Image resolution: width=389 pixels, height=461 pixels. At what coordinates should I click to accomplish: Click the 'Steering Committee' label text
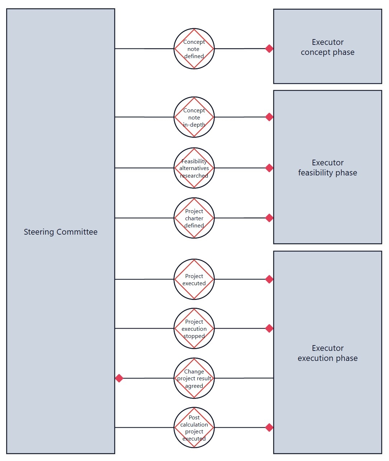point(61,232)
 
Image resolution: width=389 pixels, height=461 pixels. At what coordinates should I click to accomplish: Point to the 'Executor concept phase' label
point(328,47)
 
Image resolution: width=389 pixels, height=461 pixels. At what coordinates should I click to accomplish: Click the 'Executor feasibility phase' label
point(328,168)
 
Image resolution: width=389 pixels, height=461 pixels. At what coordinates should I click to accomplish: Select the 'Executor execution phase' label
point(328,353)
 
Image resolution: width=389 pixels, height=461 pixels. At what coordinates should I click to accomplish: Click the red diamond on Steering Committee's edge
point(119,378)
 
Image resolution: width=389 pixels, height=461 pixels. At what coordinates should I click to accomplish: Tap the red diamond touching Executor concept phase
point(269,48)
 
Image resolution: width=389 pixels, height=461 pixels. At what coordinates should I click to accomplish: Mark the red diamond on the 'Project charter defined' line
point(269,218)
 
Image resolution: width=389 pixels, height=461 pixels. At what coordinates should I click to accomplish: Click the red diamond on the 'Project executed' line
point(269,279)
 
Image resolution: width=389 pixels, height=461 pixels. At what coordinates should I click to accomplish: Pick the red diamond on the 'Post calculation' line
point(269,427)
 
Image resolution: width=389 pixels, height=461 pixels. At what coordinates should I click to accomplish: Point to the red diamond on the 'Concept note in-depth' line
point(269,117)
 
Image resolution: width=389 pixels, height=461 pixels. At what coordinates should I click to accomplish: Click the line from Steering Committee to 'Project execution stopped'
point(145,328)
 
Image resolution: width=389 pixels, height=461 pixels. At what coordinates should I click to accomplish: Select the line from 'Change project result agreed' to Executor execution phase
point(244,378)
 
